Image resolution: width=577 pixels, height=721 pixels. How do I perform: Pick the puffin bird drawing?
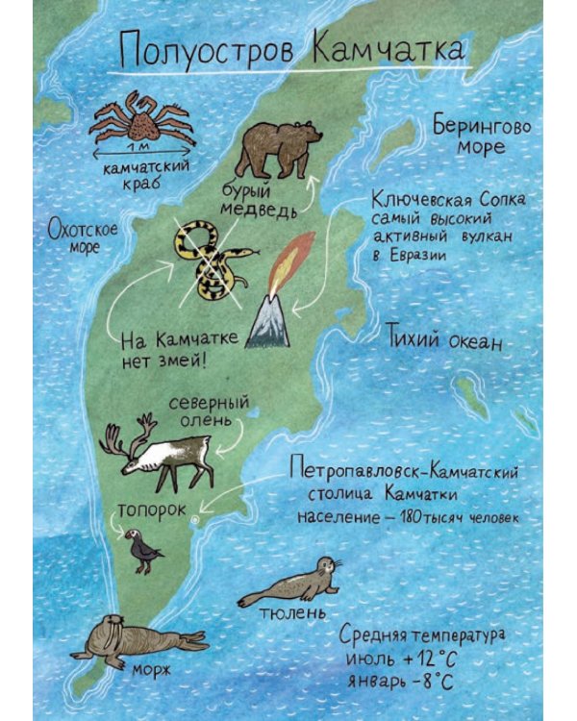coord(146,551)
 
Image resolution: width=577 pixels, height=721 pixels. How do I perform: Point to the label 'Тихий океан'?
coord(443,339)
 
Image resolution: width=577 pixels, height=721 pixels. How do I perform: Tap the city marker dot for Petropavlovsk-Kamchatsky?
coord(196,519)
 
